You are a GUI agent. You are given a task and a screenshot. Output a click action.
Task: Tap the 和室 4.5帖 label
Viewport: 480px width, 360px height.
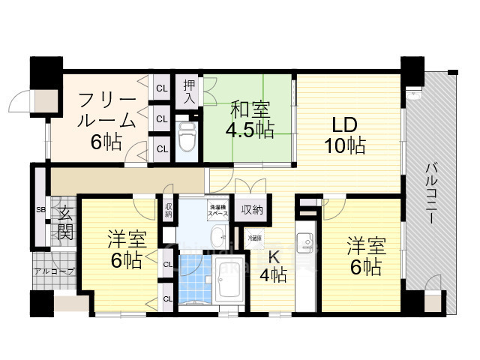pyautogui.click(x=250, y=119)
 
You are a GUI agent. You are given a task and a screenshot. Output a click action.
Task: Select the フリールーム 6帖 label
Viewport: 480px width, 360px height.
pyautogui.click(x=106, y=120)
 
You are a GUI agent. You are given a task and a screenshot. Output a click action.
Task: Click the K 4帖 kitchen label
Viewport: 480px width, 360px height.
pyautogui.click(x=272, y=265)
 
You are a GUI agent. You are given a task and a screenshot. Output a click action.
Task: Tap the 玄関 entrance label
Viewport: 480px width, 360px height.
pyautogui.click(x=65, y=223)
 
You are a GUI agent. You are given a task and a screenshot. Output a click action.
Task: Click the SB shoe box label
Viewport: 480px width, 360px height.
pyautogui.click(x=40, y=209)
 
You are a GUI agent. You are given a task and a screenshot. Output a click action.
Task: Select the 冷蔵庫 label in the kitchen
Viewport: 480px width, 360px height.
pyautogui.click(x=254, y=238)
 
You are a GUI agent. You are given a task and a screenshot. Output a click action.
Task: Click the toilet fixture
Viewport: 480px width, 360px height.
pyautogui.click(x=187, y=136)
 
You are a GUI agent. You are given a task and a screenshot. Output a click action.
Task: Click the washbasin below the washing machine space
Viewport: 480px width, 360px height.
pyautogui.click(x=218, y=238)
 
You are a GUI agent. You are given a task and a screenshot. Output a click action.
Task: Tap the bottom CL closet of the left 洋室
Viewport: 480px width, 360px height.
pyautogui.click(x=167, y=298)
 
